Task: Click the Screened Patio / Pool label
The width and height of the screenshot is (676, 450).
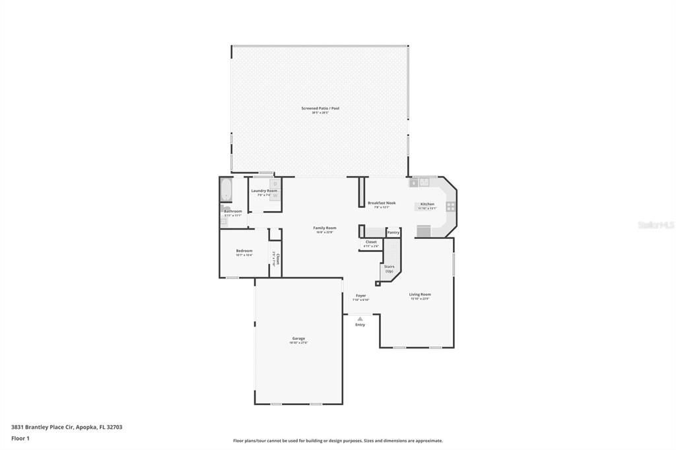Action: tap(320, 108)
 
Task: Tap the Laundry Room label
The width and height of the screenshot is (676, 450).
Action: tap(264, 191)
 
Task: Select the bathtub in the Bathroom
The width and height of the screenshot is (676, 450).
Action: tap(226, 190)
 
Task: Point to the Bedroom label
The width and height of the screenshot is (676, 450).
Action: tap(244, 251)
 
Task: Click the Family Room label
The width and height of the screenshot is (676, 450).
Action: tap(324, 228)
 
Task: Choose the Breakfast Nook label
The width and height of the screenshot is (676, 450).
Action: tap(382, 203)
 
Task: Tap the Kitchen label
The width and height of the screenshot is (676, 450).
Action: tap(427, 205)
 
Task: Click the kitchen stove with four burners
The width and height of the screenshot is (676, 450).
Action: tap(451, 206)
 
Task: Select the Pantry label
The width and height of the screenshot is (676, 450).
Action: tap(393, 232)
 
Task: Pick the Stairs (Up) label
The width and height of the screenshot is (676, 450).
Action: tap(389, 269)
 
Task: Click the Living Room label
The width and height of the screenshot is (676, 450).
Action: tap(420, 294)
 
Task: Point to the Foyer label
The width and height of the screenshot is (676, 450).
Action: tap(360, 296)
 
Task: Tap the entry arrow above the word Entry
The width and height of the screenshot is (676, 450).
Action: tap(360, 319)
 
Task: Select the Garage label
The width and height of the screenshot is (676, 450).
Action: tap(298, 338)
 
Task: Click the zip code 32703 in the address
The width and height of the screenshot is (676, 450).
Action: tap(114, 427)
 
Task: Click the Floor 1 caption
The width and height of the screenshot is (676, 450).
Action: tap(20, 438)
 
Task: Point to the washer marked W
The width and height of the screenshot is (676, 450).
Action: tap(275, 195)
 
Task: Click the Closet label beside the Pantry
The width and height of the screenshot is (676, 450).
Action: tap(371, 242)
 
